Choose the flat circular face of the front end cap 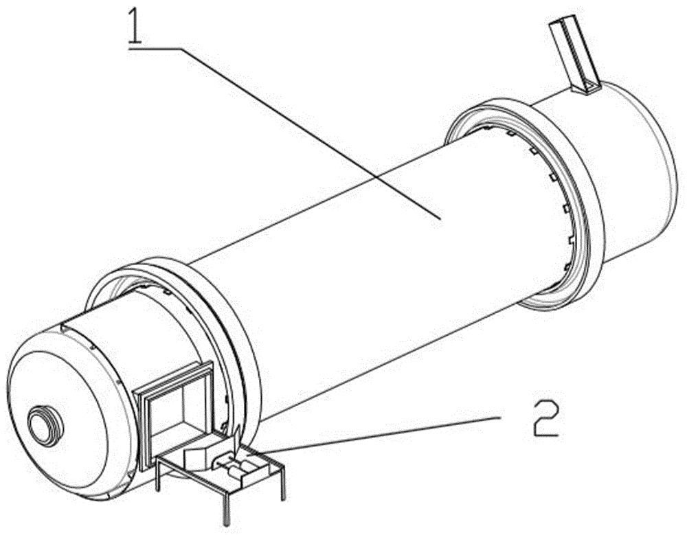click(65, 412)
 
